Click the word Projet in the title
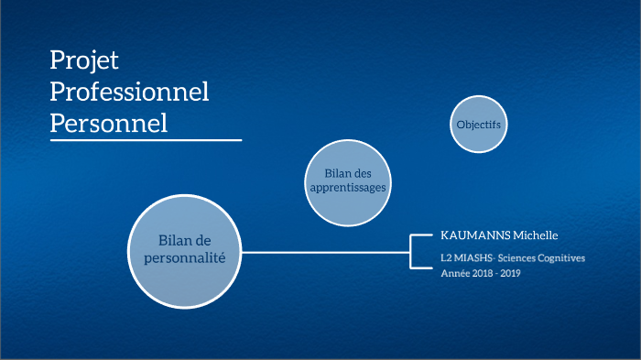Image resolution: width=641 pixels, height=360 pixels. [x=84, y=61]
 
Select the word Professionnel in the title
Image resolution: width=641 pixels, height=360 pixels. [x=129, y=92]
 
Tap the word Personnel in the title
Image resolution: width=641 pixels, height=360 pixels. [x=108, y=123]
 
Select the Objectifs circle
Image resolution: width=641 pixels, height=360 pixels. [x=479, y=124]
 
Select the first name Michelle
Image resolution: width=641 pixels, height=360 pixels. [x=538, y=235]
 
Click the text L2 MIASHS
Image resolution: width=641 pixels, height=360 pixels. [x=466, y=258]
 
